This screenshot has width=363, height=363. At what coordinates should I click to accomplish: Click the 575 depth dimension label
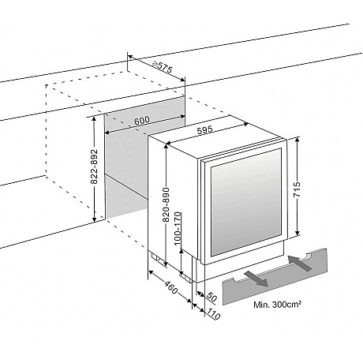(x=165, y=68)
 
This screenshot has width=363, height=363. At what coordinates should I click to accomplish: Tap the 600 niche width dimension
(x=142, y=121)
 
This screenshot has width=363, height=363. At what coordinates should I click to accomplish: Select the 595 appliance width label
(x=204, y=130)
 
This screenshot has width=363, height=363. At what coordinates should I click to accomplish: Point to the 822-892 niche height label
(x=94, y=167)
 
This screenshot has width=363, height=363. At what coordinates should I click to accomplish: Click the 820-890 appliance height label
(x=167, y=204)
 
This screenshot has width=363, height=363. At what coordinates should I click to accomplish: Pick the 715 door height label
(x=297, y=189)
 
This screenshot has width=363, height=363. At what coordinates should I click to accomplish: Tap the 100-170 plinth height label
(x=178, y=229)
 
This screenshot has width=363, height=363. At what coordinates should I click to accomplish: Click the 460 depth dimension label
(x=171, y=288)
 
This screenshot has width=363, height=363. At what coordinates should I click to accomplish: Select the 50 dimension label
(x=211, y=297)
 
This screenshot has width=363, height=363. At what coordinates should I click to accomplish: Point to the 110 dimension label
(x=213, y=314)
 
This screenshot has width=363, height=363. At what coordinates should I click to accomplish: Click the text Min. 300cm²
(x=277, y=305)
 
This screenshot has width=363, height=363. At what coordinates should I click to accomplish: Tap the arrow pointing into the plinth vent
(x=300, y=263)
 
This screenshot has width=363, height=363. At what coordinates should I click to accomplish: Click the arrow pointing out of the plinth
(x=256, y=279)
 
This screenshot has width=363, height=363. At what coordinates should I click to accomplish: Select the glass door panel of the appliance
(x=246, y=202)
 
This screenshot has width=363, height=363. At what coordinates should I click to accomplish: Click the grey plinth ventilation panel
(x=275, y=277)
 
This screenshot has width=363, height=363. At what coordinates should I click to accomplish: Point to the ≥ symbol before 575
(x=155, y=64)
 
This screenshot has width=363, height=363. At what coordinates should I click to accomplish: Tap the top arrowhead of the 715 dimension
(x=298, y=139)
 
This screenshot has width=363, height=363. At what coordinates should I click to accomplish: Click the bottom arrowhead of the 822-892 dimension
(x=94, y=219)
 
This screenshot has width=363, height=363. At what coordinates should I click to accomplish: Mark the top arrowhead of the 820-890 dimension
(x=167, y=146)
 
